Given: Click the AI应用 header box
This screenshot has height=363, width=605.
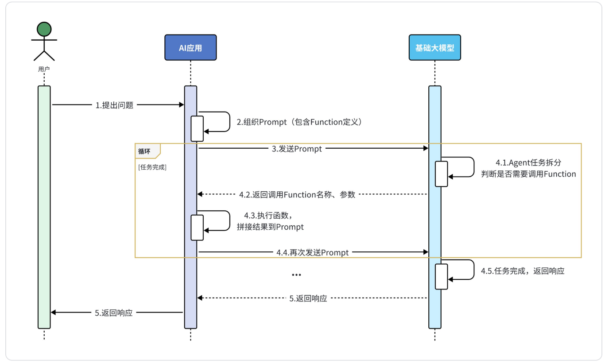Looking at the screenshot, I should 190,47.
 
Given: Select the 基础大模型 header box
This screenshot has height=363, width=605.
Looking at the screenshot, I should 434,47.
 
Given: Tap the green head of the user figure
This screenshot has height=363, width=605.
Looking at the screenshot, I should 44,29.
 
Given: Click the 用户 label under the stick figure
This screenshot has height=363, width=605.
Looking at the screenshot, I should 44,70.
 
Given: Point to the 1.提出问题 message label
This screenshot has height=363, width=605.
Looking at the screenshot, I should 114,105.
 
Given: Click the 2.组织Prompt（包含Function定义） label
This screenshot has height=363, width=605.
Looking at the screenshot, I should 300,122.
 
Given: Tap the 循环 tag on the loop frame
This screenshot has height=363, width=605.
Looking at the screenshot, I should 145,151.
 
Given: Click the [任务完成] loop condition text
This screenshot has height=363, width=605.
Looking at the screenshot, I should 152,167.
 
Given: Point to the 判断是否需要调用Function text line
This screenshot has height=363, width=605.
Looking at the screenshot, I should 528,174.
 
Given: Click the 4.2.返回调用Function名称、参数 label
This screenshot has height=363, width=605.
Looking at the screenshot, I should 297,194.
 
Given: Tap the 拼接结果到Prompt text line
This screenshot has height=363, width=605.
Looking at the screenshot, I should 270,227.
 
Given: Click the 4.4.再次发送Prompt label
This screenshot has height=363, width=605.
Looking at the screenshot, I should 313,252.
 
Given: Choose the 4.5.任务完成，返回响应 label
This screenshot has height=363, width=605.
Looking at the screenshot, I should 523,271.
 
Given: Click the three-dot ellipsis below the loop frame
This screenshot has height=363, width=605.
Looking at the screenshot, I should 296,275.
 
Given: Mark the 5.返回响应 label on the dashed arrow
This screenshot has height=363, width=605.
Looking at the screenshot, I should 308,298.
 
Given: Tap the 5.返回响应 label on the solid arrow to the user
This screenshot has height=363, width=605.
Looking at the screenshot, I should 114,313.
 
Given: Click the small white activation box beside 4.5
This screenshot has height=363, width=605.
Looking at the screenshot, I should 441,277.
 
